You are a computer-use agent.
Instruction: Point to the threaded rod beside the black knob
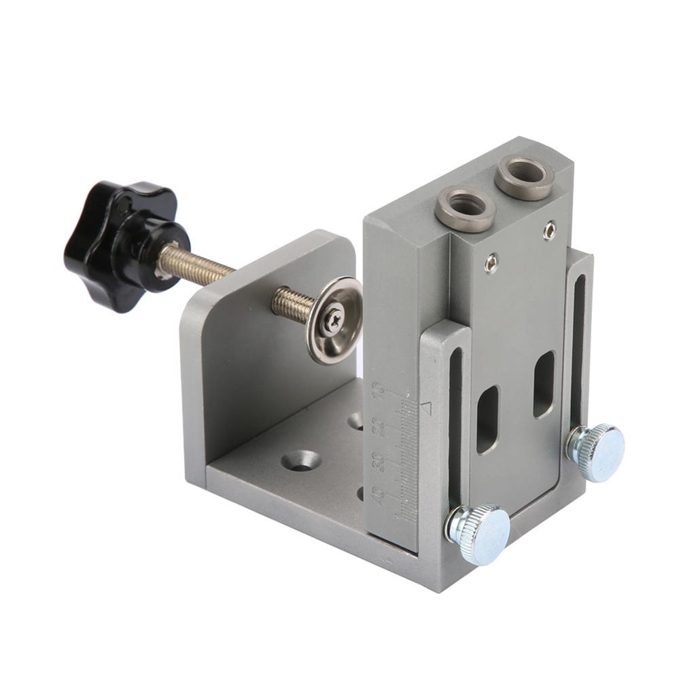pyautogui.click(x=197, y=267)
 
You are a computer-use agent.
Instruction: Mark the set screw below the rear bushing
pyautogui.click(x=549, y=230)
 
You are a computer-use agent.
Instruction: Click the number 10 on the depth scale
pyautogui.click(x=379, y=391)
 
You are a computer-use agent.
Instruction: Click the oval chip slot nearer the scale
pyautogui.click(x=487, y=419)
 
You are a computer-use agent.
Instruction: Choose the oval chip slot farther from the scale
pyautogui.click(x=543, y=384)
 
